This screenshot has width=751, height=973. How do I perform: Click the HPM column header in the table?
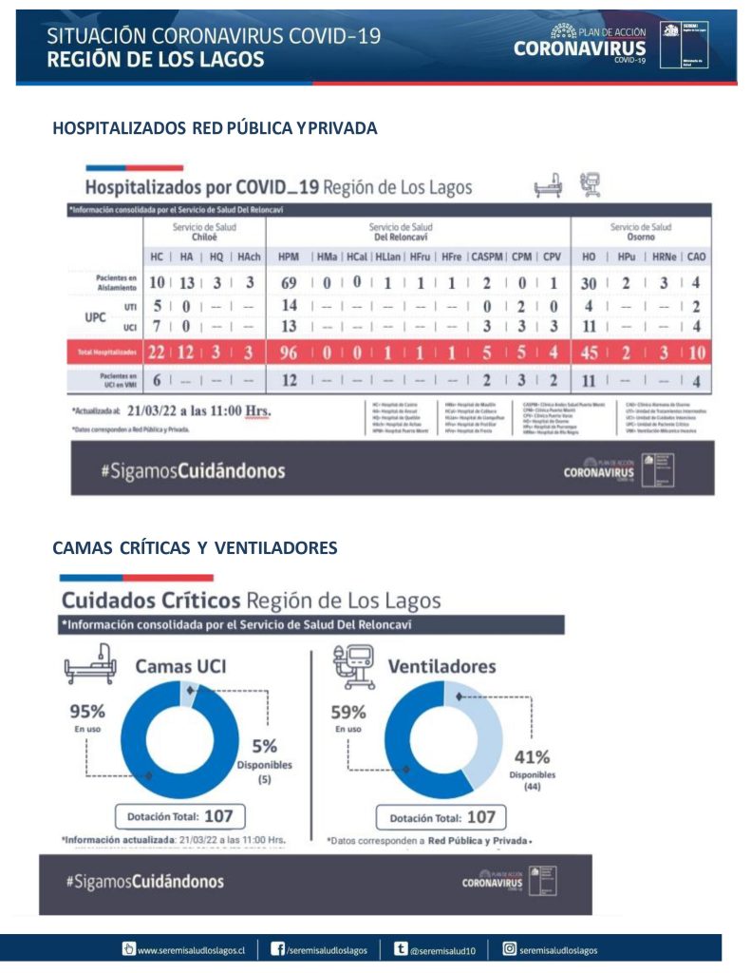tap(289, 258)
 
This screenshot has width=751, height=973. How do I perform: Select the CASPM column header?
tap(487, 258)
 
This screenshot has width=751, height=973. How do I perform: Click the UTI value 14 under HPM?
tap(290, 306)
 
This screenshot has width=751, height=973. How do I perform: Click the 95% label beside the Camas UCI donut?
tap(87, 712)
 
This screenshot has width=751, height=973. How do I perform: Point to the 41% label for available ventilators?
tap(532, 757)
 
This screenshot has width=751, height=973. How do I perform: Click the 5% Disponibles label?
tap(264, 748)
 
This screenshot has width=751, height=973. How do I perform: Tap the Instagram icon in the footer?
tap(509, 948)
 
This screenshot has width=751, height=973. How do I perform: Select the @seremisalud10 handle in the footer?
tap(442, 949)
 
